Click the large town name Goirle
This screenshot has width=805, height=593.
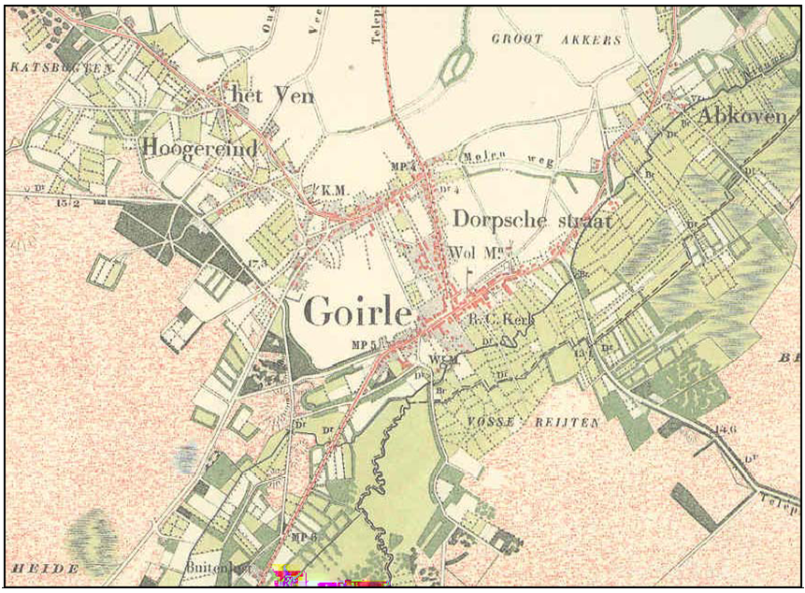pos(356,311)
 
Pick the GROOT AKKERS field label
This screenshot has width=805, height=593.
pos(556,39)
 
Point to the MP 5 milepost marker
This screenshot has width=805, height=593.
pos(362,344)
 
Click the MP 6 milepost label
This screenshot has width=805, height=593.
pos(306,537)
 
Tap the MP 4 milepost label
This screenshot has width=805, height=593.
pos(401,166)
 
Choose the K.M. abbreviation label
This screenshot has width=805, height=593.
pos(334,191)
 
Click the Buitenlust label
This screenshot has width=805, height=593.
pos(241,568)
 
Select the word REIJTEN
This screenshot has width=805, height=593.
pos(568,423)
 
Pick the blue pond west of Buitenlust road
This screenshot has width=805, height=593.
pos(186,456)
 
